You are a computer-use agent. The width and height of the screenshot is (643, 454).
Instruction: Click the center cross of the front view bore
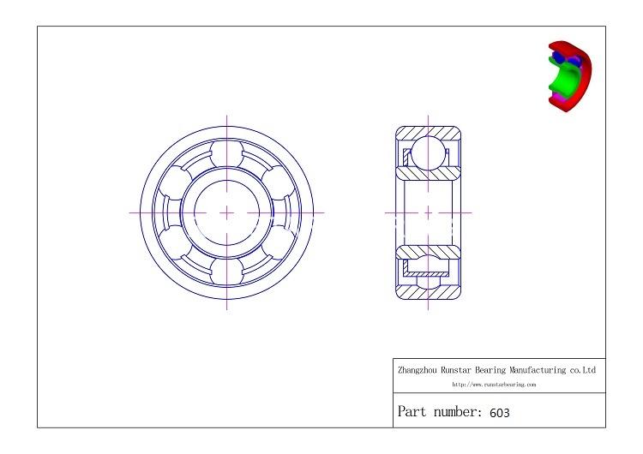[x=227, y=212]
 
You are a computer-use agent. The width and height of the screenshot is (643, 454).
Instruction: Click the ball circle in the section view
[x=428, y=155]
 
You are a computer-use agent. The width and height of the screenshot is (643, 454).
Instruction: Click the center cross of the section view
[x=428, y=212]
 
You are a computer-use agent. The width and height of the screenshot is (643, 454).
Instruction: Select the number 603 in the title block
[x=500, y=413]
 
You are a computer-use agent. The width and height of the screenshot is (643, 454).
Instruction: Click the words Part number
[x=440, y=412]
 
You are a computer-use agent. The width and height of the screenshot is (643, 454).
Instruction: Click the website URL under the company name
[x=494, y=385]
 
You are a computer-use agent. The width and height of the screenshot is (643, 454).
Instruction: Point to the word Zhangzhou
[x=418, y=371]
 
